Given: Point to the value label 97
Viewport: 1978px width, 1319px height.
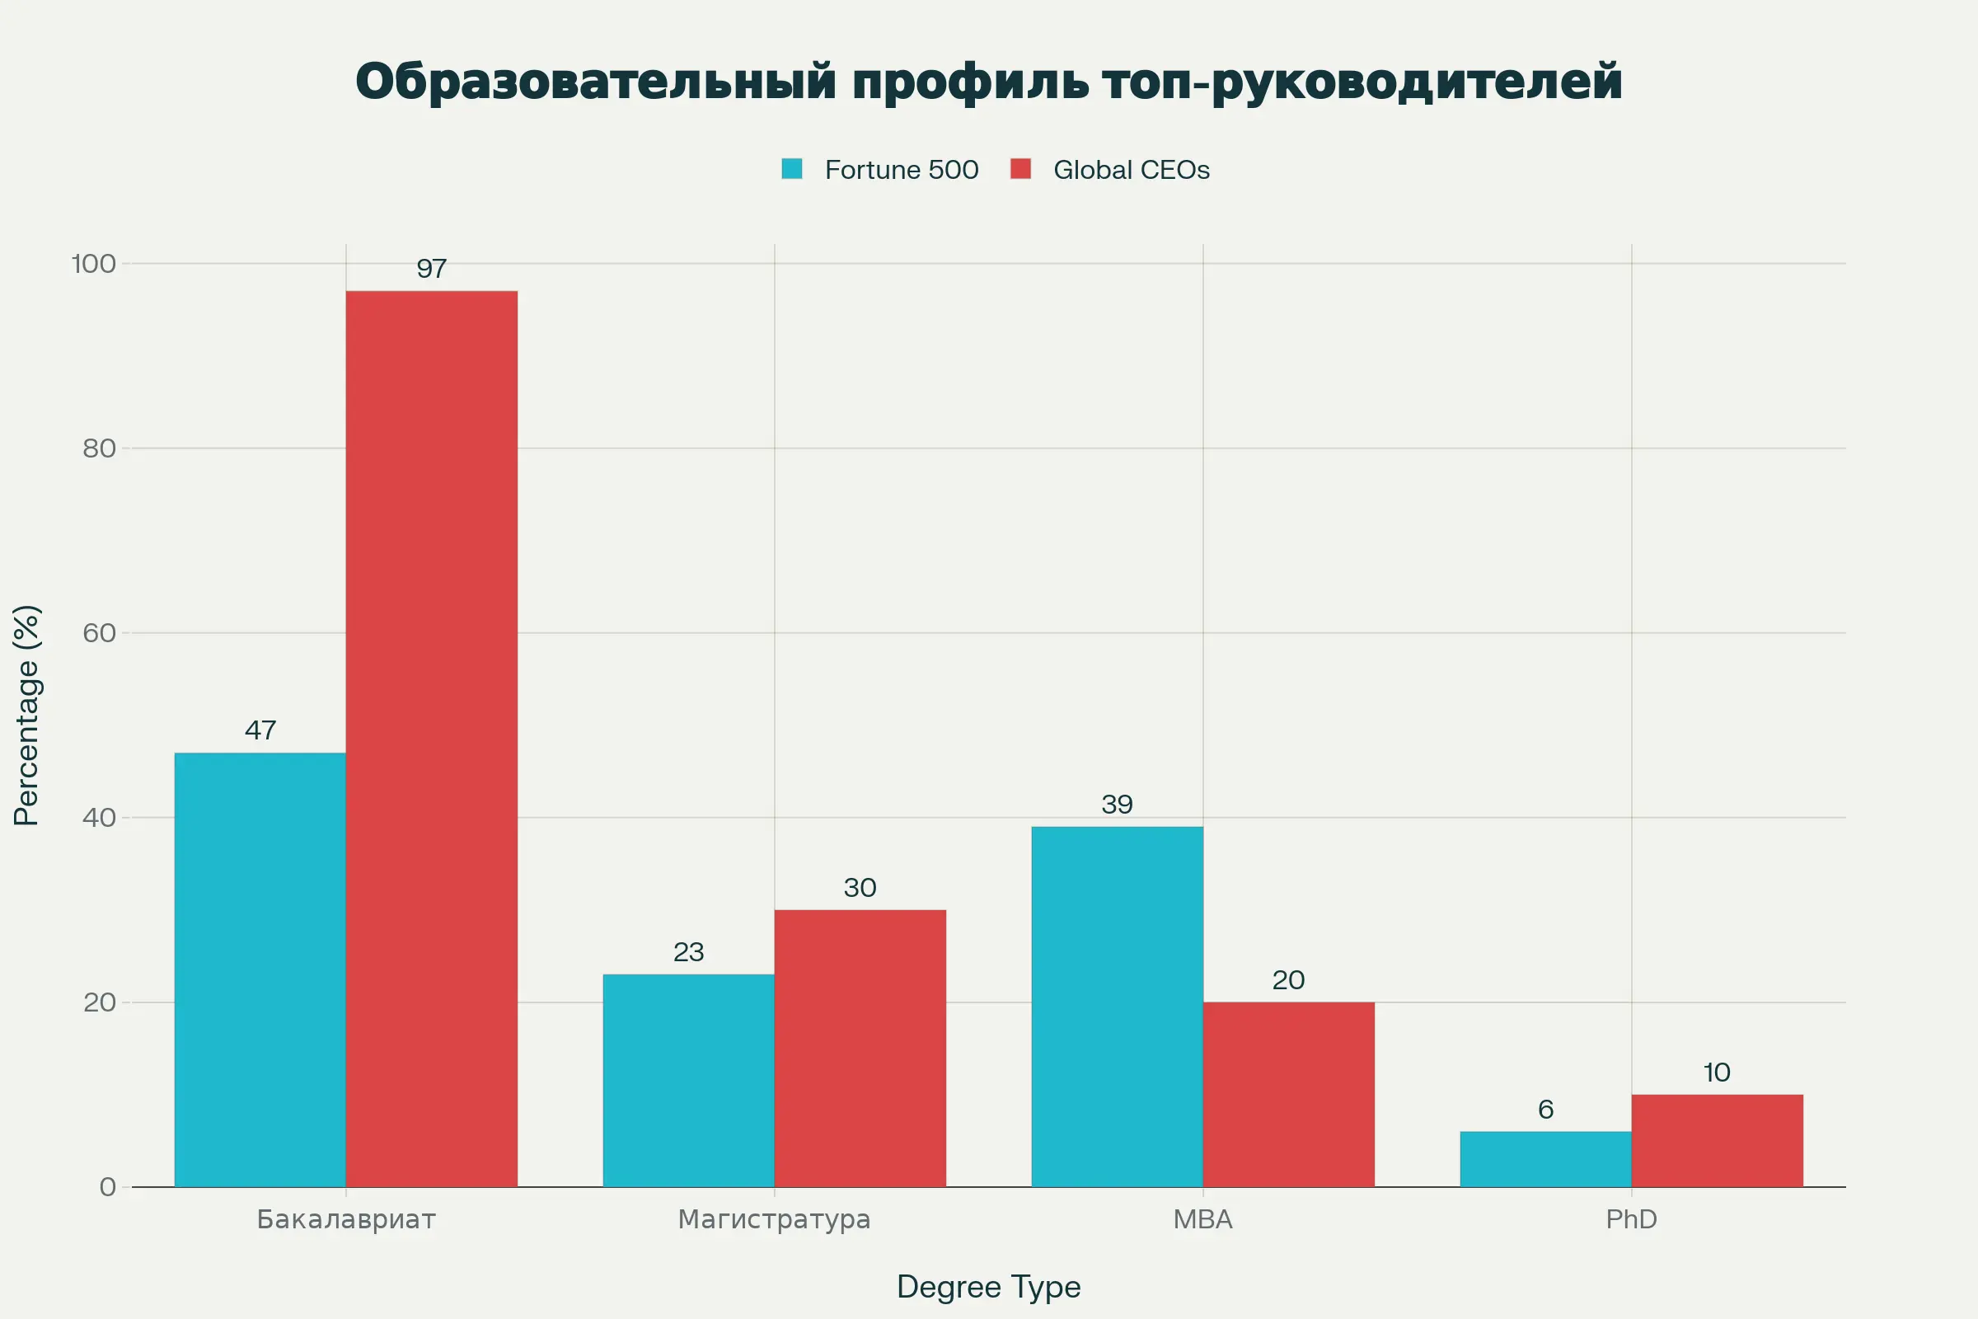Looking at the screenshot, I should tap(431, 269).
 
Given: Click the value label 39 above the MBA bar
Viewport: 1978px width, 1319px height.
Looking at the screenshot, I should tap(1117, 805).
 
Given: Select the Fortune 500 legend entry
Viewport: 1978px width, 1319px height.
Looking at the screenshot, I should tap(901, 170).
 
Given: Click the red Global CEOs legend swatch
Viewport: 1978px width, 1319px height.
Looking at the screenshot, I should tap(1020, 169).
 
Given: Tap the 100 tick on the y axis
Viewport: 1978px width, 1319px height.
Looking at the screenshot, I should tap(93, 264).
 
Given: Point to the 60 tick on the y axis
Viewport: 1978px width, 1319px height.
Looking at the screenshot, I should tap(99, 632).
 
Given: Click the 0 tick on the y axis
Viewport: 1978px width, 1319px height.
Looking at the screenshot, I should tap(108, 1187).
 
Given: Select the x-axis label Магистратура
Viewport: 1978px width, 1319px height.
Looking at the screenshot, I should tap(774, 1219).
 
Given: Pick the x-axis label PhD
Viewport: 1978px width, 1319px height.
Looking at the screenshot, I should tap(1631, 1219).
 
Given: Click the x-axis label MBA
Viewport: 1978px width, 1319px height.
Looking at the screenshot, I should tap(1202, 1219).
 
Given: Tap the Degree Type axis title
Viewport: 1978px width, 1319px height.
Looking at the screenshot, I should tap(988, 1286).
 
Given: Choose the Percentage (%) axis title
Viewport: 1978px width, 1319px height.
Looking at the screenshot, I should tap(27, 715).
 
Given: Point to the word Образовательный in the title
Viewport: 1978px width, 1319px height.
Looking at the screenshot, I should tap(595, 82).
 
